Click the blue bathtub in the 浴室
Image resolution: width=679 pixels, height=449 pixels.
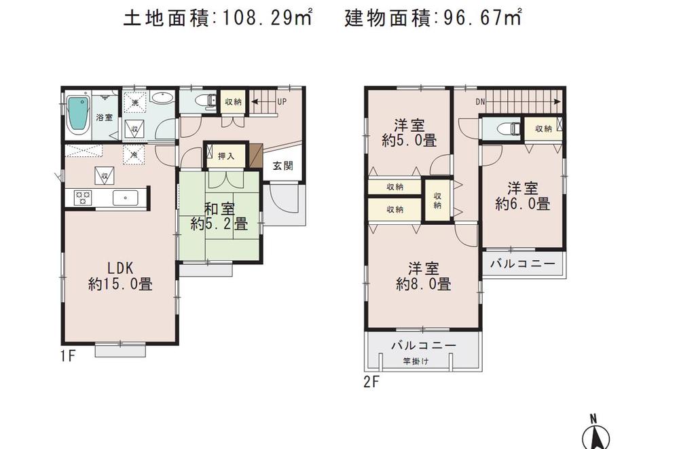point(79,115)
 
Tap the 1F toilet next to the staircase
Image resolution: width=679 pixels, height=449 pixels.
point(204,101)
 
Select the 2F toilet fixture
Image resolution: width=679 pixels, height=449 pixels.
point(505,128)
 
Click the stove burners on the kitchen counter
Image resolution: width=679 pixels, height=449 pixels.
point(84,198)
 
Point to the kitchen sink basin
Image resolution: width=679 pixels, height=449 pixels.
point(126,198)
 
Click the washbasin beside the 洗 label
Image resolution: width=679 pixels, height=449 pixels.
point(162,98)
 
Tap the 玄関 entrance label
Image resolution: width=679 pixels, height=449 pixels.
point(283,165)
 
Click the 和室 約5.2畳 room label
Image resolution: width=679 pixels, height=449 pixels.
point(219,215)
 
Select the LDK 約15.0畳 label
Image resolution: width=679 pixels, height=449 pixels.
point(120,276)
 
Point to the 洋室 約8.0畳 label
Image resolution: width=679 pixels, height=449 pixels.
point(424,276)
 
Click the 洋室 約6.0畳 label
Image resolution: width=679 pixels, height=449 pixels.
point(521,195)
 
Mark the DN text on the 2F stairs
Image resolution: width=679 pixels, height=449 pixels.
point(481,101)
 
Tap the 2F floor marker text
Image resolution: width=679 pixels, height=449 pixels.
point(371,381)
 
